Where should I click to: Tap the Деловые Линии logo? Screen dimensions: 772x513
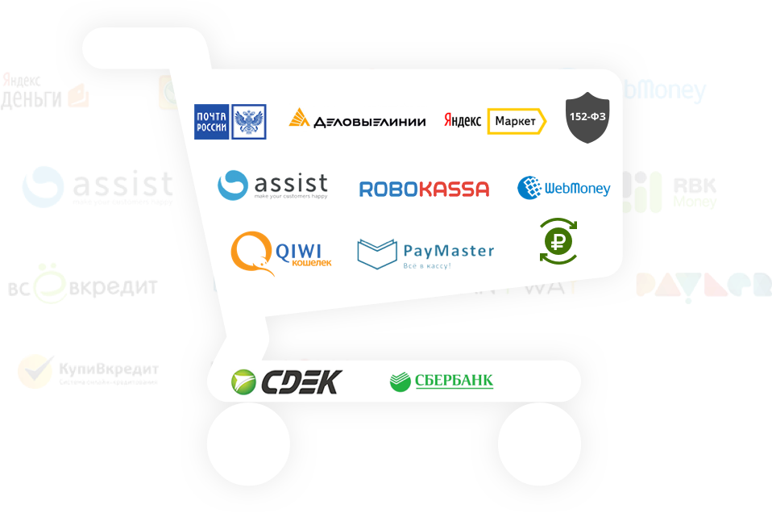[357, 121]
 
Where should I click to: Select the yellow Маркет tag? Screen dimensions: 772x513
[516, 121]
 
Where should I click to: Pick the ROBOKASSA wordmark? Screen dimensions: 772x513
[424, 190]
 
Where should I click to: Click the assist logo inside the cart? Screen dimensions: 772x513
[272, 186]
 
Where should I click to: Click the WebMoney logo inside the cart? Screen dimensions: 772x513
[563, 189]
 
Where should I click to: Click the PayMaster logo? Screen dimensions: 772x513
[425, 253]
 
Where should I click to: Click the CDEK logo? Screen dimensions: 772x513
[286, 381]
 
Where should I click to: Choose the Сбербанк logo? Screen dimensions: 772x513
[441, 381]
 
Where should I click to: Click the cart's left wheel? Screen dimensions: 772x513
[248, 444]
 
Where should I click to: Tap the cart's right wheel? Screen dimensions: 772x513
[539, 444]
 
